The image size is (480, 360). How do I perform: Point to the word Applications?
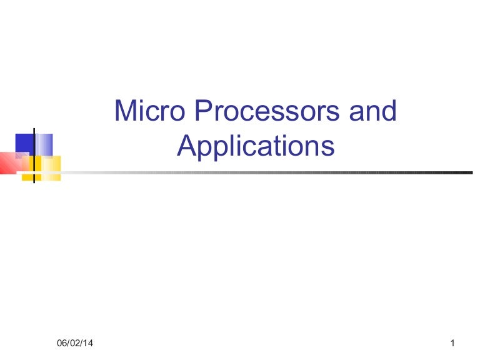(256, 146)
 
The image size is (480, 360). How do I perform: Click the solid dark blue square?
(24, 143)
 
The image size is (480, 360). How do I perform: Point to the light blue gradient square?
(44, 143)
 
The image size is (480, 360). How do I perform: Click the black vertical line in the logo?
(34, 153)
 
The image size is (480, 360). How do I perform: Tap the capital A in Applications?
(186, 146)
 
